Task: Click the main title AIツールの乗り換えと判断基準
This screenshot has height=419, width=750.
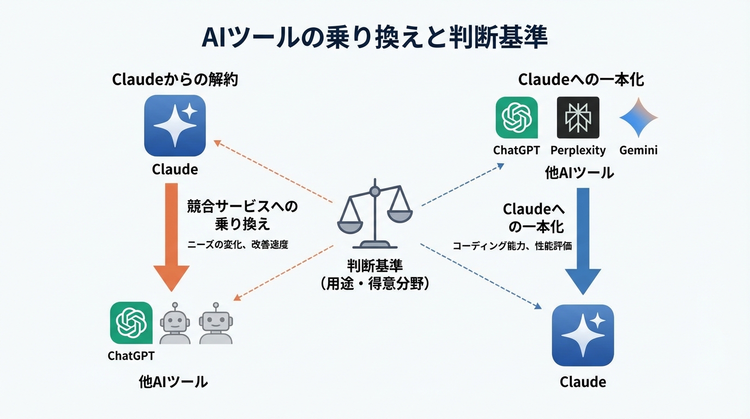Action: pyautogui.click(x=374, y=38)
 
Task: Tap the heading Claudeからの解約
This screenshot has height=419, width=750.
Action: pyautogui.click(x=175, y=80)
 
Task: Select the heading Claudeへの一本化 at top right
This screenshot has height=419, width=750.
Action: pyautogui.click(x=581, y=80)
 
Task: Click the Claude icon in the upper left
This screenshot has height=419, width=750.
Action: pyautogui.click(x=175, y=125)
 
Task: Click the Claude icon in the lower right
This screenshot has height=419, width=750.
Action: pyautogui.click(x=583, y=335)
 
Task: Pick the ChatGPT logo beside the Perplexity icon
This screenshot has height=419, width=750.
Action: pyautogui.click(x=516, y=117)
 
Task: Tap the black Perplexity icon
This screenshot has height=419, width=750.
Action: pyautogui.click(x=578, y=117)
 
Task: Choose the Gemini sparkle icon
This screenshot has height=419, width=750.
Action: pyautogui.click(x=638, y=117)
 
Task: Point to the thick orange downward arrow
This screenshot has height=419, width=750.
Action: pyautogui.click(x=171, y=237)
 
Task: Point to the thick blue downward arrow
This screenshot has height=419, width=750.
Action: pyautogui.click(x=583, y=240)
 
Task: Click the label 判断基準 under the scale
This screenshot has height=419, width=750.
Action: pyautogui.click(x=374, y=266)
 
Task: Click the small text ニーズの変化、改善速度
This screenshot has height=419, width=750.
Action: pyautogui.click(x=238, y=245)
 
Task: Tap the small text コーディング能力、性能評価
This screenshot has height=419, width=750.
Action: pyautogui.click(x=512, y=246)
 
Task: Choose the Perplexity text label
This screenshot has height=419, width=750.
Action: pyautogui.click(x=578, y=150)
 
